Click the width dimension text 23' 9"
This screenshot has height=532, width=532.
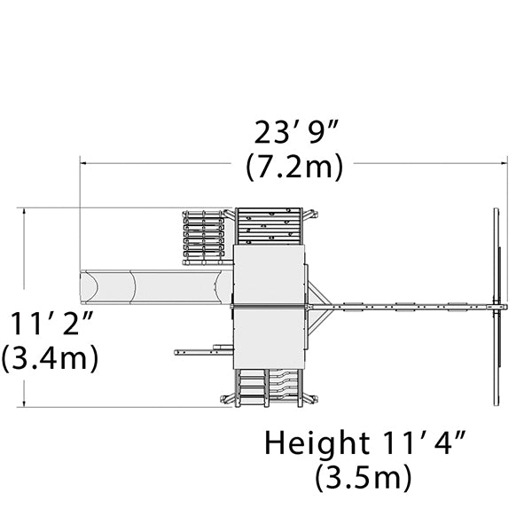pos(296,131)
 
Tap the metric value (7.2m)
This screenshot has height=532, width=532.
pos(294,167)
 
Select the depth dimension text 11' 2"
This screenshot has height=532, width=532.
pos(51,324)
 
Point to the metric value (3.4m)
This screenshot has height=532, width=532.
pos(50,358)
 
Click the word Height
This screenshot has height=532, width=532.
pos(317,442)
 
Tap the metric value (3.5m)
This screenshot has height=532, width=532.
pos(364,477)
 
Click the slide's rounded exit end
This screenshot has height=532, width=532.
pos(89,287)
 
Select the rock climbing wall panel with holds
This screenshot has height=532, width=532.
pos(269,226)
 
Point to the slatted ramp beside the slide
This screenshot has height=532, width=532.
pos(204,238)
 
